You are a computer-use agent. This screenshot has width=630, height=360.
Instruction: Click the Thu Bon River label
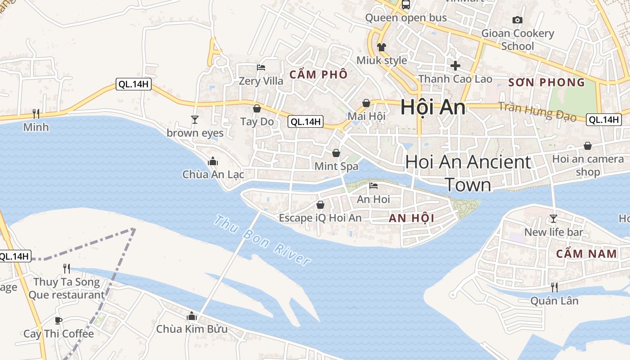[262, 240]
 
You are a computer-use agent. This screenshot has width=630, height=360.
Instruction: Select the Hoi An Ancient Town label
[468, 173]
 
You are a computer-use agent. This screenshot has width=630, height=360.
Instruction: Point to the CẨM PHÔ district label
[319, 75]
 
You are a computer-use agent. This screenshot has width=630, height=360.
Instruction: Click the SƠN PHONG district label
[546, 82]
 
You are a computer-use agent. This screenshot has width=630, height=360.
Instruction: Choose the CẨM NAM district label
[587, 254]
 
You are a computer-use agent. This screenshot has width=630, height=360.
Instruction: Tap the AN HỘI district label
[411, 218]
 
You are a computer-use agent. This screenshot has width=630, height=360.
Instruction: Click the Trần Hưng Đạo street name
[537, 112]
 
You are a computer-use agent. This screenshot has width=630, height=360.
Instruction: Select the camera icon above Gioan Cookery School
[517, 20]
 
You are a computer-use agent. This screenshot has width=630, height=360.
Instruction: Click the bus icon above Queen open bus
[406, 5]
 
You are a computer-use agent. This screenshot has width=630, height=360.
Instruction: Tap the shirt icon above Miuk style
[382, 47]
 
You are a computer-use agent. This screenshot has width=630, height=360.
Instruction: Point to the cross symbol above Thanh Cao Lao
[455, 66]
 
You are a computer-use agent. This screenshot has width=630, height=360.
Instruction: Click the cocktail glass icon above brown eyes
[195, 120]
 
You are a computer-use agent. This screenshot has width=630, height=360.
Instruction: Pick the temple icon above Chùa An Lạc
[213, 161]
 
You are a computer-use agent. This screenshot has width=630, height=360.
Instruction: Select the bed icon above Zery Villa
[261, 68]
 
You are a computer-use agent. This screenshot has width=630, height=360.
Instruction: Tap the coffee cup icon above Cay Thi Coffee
[58, 321]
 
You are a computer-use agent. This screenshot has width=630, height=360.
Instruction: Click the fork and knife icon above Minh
[36, 114]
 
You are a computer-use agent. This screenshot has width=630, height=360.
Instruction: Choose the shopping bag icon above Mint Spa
[336, 153]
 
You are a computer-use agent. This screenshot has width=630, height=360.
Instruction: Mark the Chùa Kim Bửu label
[192, 329]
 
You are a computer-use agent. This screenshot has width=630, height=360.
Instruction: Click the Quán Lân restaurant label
[554, 301]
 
